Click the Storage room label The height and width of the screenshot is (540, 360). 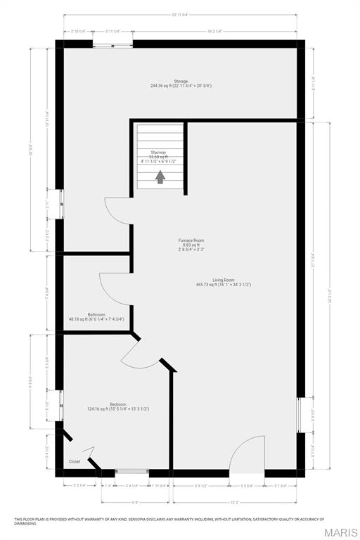[x=181, y=83]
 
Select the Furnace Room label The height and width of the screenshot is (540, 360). [x=191, y=245]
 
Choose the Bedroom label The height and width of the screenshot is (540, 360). [x=117, y=406]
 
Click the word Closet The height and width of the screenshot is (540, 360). [x=75, y=461]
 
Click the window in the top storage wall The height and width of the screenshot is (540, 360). [x=112, y=45]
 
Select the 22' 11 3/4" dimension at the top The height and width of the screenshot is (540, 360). [x=182, y=15]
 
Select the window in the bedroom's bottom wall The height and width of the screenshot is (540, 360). [x=131, y=472]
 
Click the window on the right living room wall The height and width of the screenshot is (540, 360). [x=300, y=414]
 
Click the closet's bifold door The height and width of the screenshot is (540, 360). [x=90, y=454]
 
